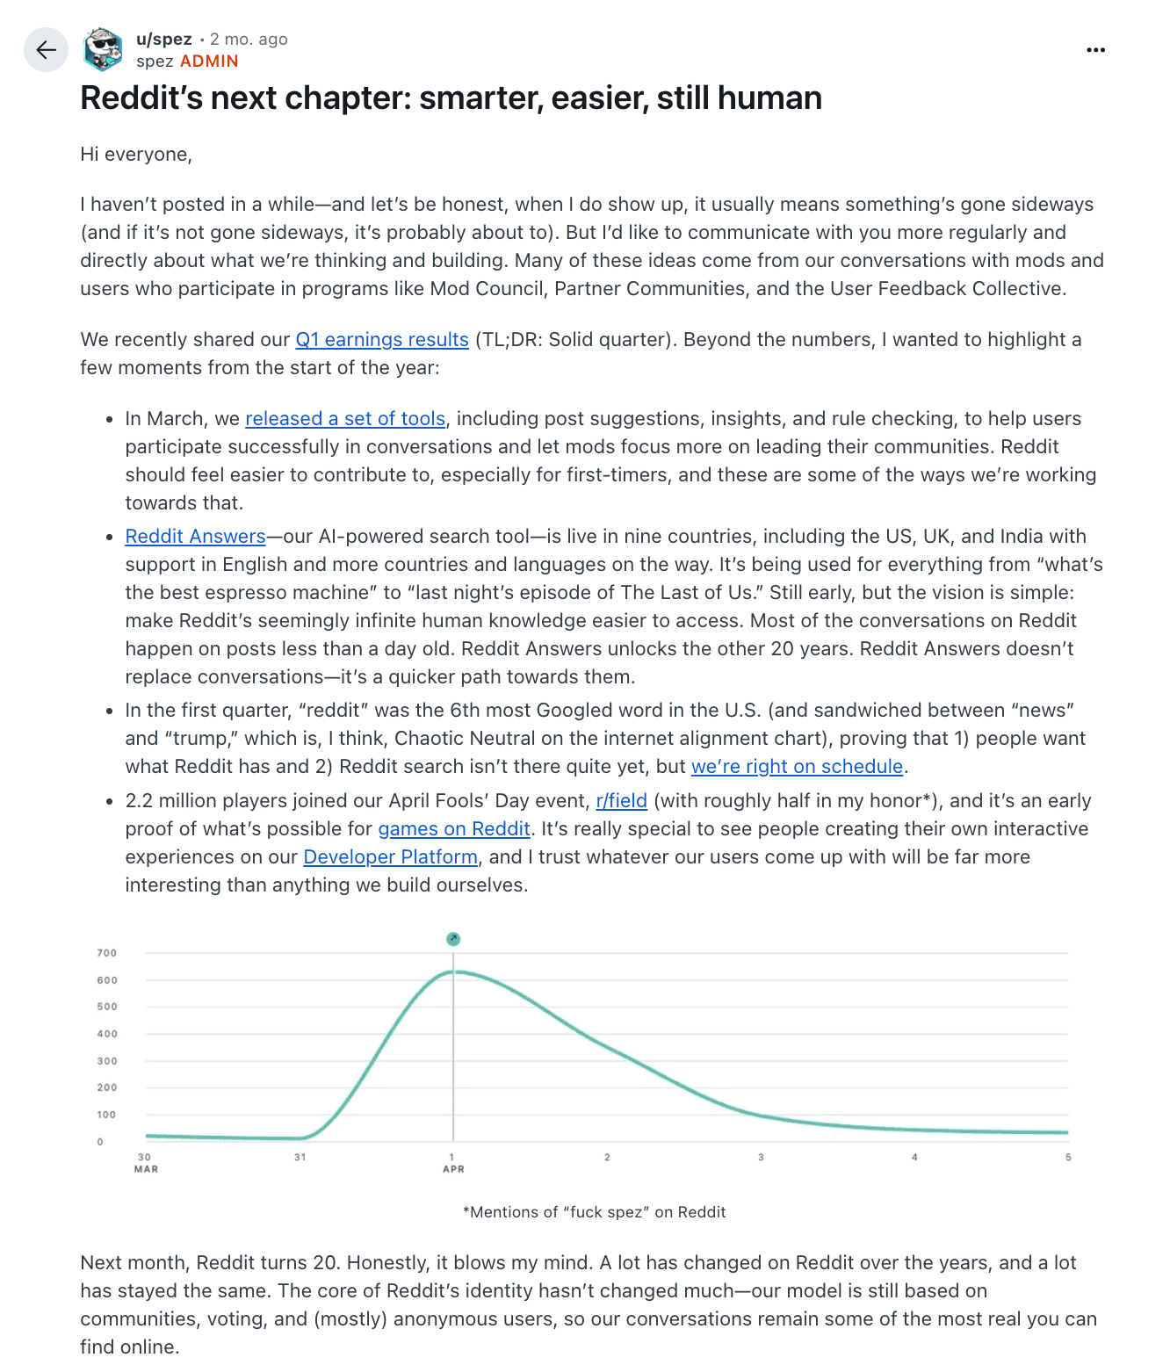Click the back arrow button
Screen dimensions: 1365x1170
(46, 50)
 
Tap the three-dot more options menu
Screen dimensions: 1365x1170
(1095, 50)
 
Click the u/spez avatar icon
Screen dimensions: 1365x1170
(103, 49)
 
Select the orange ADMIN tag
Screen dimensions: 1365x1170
(209, 61)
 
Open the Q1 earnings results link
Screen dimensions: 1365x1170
(382, 340)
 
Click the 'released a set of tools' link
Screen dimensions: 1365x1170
(345, 419)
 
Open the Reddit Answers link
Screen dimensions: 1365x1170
(195, 537)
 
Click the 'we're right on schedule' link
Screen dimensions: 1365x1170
(797, 767)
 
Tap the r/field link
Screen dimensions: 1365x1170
(621, 801)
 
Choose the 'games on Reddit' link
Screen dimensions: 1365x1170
(454, 829)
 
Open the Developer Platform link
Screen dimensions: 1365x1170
(390, 857)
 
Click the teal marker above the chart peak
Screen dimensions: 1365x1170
(453, 939)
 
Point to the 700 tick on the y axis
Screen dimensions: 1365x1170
(107, 953)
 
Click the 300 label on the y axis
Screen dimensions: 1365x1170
(107, 1061)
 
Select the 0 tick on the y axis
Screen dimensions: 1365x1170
(100, 1142)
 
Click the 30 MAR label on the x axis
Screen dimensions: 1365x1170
(146, 1163)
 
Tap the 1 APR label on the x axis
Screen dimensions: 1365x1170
(453, 1163)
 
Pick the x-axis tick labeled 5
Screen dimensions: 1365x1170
(1068, 1158)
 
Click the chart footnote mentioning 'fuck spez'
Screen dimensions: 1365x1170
(594, 1212)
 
